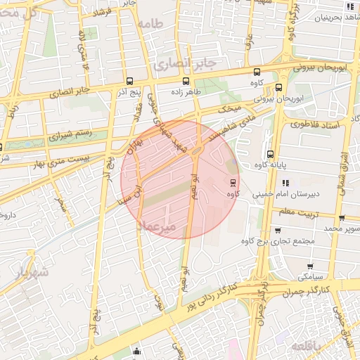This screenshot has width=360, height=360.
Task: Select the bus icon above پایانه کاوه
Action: pos(270,155)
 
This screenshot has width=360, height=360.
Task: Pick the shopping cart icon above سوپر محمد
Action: pos(341,218)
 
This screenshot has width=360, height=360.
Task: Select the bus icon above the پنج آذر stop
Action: pos(129,80)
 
